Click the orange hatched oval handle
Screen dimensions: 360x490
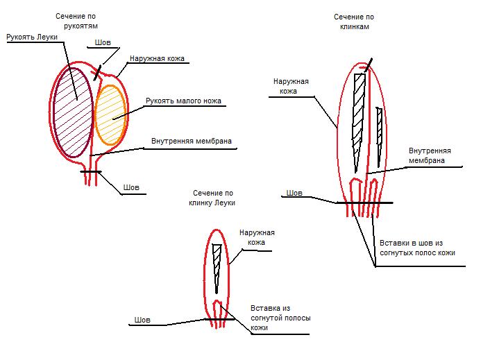[x=111, y=114]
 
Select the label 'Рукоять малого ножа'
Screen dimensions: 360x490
[x=183, y=101]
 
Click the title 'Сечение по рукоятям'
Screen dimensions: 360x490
[x=77, y=21]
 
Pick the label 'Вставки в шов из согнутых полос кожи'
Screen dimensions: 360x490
[x=416, y=248]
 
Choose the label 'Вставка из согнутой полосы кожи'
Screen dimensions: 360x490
[x=280, y=318]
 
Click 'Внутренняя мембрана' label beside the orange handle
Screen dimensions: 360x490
[x=192, y=142]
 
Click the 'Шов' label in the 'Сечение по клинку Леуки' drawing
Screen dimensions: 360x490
[x=141, y=320]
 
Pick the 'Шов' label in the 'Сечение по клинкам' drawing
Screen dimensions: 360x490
[x=294, y=193]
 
